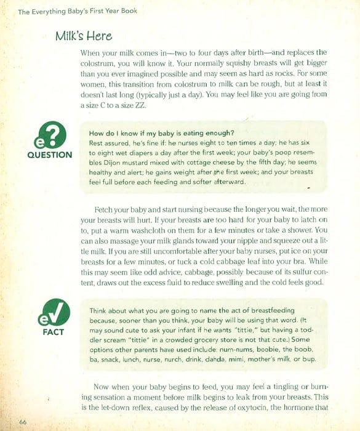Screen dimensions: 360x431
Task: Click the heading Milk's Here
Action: [84, 36]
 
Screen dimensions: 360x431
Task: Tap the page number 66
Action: [23, 421]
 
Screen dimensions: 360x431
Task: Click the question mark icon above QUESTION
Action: [49, 135]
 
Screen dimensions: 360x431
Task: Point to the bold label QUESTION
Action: [50, 155]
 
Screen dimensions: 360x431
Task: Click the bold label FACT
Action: [49, 332]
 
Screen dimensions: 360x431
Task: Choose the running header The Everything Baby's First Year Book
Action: [68, 11]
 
